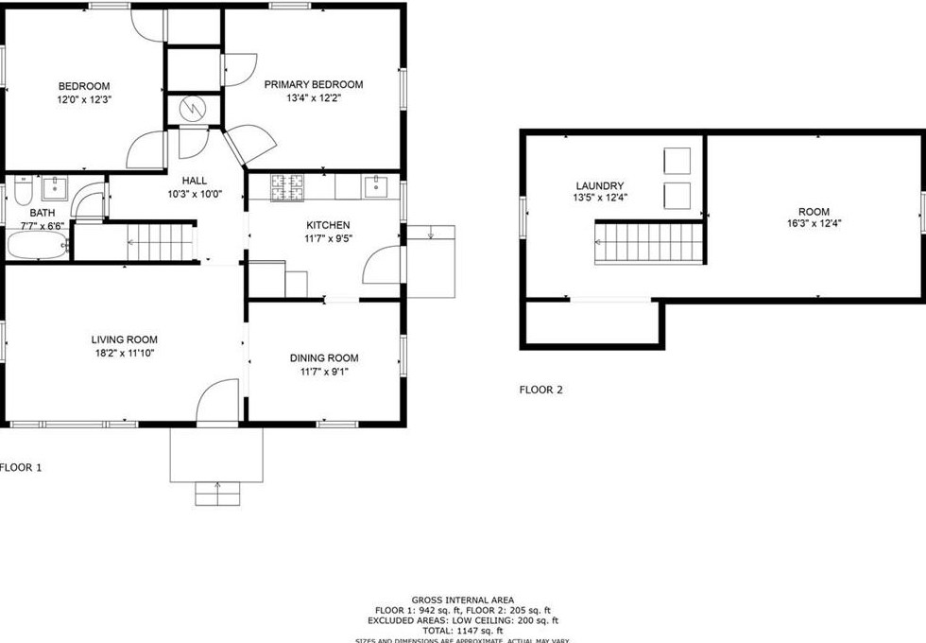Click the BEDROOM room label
[84, 86]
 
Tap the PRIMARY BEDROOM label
[313, 84]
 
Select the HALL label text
[195, 181]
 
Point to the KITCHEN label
[328, 225]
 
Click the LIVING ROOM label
[124, 339]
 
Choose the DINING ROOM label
[323, 357]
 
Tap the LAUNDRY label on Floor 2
[600, 185]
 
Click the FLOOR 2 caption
[541, 389]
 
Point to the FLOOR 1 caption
[21, 467]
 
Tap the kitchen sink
[381, 186]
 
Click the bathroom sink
[57, 188]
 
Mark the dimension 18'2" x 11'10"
[124, 354]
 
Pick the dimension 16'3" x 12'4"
[814, 225]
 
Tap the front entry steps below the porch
[217, 494]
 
